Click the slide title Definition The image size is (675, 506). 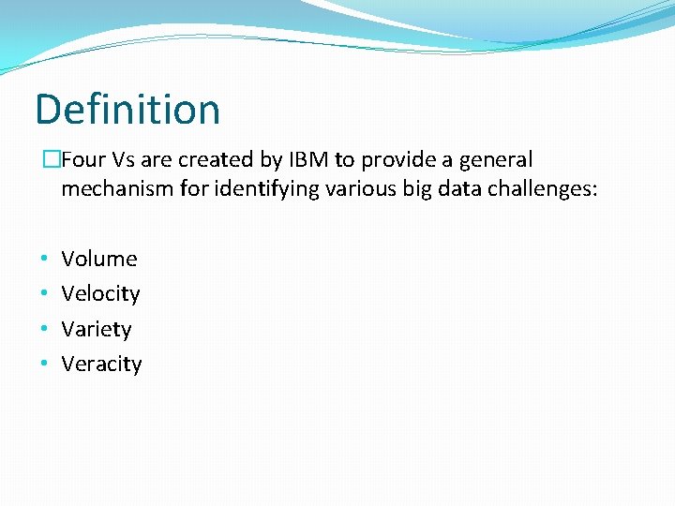127,110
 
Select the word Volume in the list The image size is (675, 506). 98,259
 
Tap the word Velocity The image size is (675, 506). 100,293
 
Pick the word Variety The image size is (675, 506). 96,329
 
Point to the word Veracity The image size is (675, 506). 101,364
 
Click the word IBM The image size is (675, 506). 308,160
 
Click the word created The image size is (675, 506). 217,160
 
